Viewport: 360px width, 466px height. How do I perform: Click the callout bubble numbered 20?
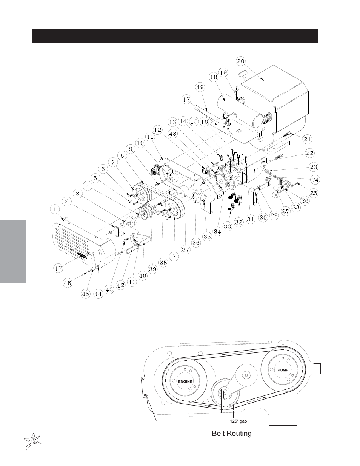click(240, 62)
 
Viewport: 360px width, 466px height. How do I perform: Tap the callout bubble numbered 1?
click(55, 209)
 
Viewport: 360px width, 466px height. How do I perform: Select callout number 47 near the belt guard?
click(58, 268)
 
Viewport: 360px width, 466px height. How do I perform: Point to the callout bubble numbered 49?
click(200, 87)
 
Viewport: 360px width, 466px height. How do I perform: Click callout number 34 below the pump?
click(217, 231)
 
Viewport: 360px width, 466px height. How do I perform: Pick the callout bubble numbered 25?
click(314, 193)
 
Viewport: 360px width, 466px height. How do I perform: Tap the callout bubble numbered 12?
click(158, 130)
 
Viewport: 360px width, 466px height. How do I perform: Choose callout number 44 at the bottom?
click(98, 294)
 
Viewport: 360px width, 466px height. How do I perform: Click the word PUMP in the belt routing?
click(283, 370)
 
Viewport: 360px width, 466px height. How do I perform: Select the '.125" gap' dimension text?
click(238, 421)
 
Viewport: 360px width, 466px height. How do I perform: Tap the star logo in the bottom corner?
click(32, 444)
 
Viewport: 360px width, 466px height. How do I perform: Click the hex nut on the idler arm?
click(246, 375)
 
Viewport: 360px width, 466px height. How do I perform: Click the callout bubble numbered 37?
click(185, 250)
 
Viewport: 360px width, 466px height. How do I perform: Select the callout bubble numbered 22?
click(309, 153)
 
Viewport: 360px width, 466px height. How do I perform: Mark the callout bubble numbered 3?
click(77, 194)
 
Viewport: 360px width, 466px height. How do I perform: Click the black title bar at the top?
click(175, 36)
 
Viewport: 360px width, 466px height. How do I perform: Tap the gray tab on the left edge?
click(13, 251)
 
